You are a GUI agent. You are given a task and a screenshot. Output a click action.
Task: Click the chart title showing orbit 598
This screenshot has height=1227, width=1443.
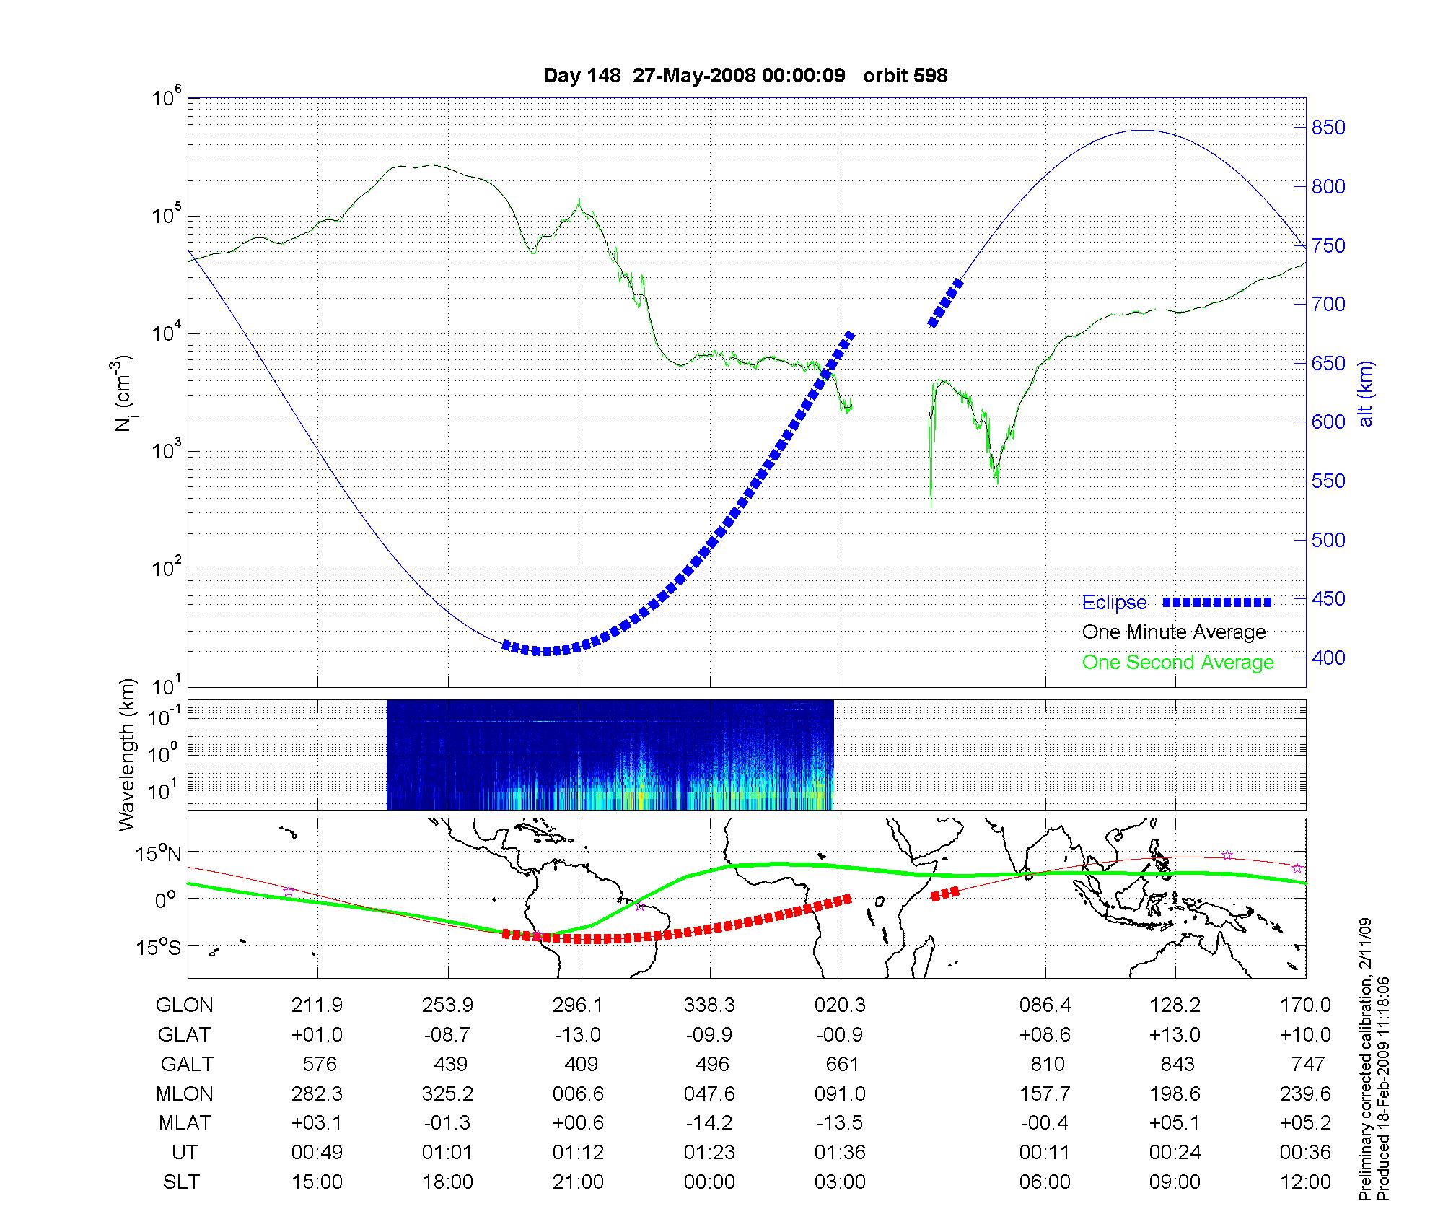(745, 76)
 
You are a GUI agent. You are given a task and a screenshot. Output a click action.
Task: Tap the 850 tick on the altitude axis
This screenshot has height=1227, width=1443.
(1328, 128)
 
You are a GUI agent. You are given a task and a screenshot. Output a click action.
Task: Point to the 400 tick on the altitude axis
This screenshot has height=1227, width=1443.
(1328, 658)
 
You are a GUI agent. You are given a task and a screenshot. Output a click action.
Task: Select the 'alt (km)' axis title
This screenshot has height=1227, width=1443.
(1365, 393)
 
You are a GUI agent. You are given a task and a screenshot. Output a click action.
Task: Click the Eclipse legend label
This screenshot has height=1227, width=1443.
(1114, 603)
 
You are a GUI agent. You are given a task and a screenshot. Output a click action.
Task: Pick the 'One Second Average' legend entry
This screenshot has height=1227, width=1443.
(1177, 663)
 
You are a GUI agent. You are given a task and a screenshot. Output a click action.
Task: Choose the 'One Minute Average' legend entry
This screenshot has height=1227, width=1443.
(1174, 632)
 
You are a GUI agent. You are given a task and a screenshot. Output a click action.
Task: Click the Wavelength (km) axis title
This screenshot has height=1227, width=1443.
(128, 755)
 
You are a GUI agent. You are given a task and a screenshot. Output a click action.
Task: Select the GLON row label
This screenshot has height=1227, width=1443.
(185, 1005)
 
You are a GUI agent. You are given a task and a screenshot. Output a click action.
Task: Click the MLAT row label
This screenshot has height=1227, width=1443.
(185, 1123)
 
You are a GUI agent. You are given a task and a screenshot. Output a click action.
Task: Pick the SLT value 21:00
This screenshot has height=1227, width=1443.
(578, 1182)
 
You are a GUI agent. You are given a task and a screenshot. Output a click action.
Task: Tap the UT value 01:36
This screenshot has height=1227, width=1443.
(840, 1153)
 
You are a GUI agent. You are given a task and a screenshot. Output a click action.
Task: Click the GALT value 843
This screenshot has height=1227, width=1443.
(1177, 1065)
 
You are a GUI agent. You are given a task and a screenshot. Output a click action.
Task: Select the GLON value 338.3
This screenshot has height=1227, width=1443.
(709, 1005)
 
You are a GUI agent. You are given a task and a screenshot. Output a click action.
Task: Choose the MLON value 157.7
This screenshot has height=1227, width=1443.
(1045, 1094)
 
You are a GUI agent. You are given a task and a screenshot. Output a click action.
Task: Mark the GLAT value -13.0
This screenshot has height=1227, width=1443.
(578, 1035)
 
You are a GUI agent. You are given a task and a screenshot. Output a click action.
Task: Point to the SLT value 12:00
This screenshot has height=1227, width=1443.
(1305, 1182)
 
